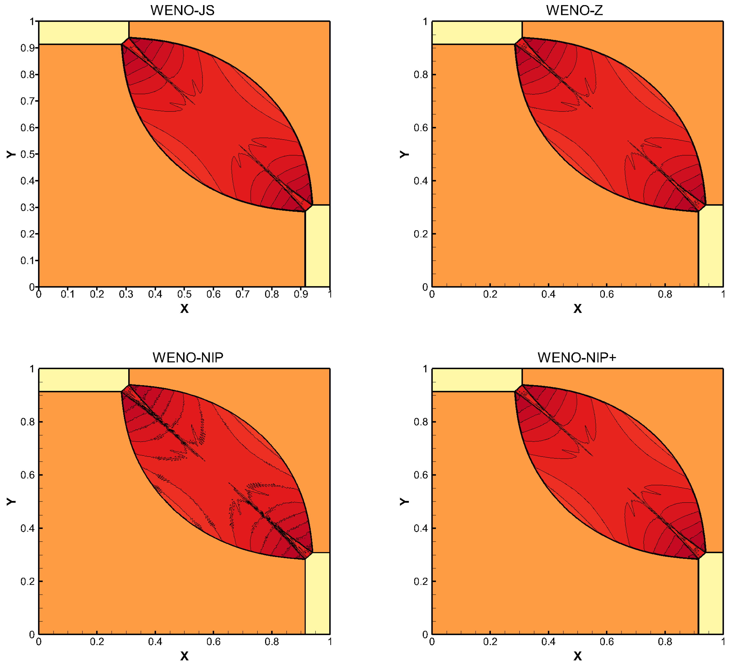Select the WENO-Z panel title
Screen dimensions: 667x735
click(x=574, y=10)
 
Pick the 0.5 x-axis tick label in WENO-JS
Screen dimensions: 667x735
click(x=184, y=294)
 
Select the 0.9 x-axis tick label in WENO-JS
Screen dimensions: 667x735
click(x=301, y=294)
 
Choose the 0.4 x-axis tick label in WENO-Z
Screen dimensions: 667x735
click(x=548, y=294)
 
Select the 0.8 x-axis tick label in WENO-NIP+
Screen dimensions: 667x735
click(x=665, y=641)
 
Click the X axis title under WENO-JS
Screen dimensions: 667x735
click(x=184, y=309)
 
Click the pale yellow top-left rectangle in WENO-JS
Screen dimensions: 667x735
click(x=83, y=33)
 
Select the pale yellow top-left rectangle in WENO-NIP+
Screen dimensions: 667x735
click(x=477, y=380)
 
